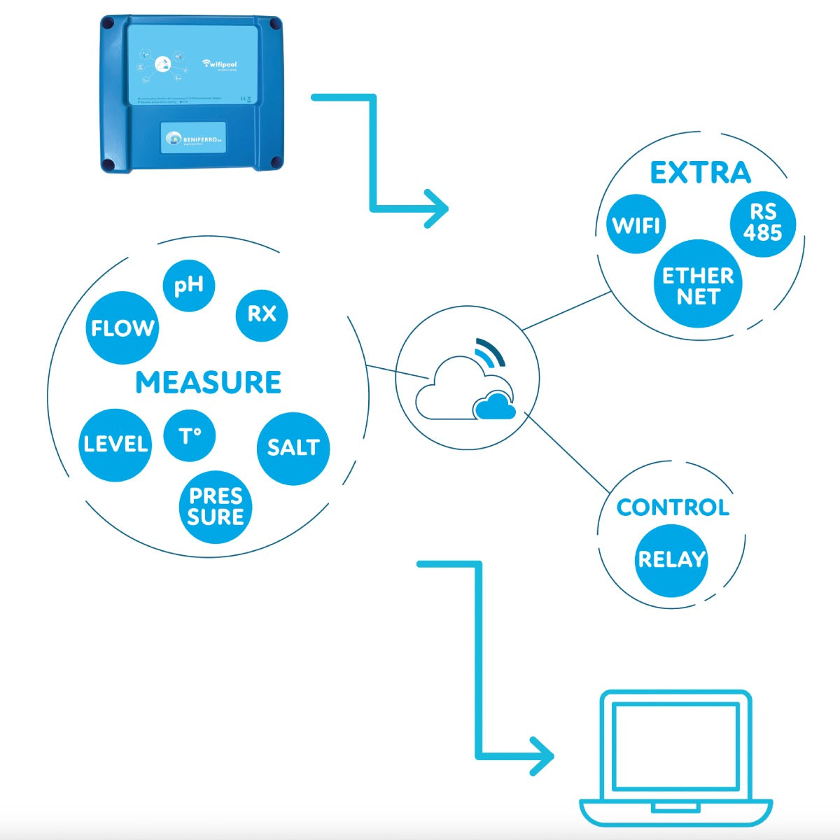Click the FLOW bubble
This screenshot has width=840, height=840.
(x=122, y=328)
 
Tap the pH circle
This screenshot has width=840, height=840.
(x=189, y=286)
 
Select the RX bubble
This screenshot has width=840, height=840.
(x=261, y=314)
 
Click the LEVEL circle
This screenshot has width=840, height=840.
(x=115, y=444)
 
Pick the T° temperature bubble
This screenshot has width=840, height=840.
(x=189, y=436)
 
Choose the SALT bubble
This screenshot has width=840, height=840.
(x=293, y=447)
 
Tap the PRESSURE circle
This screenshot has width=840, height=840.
(x=216, y=507)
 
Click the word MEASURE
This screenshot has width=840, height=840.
(x=209, y=383)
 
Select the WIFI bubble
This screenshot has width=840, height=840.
(x=636, y=225)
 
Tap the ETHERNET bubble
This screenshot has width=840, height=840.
(x=698, y=286)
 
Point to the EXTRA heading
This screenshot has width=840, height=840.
(x=700, y=173)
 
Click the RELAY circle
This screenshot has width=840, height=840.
(x=671, y=559)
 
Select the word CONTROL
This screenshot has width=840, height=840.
(x=672, y=507)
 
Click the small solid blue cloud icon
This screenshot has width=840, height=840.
(x=494, y=407)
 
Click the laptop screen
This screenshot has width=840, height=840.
(x=675, y=745)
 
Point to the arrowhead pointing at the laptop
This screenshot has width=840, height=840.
(x=543, y=756)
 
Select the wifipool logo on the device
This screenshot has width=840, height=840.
(x=220, y=64)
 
